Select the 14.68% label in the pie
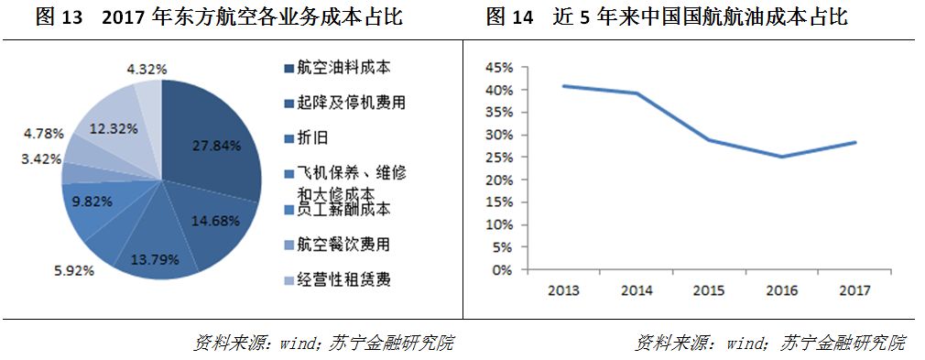[216, 220]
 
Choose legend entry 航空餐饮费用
[336, 245]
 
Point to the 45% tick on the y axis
[497, 68]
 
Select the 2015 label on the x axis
[710, 290]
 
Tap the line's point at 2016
[781, 157]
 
